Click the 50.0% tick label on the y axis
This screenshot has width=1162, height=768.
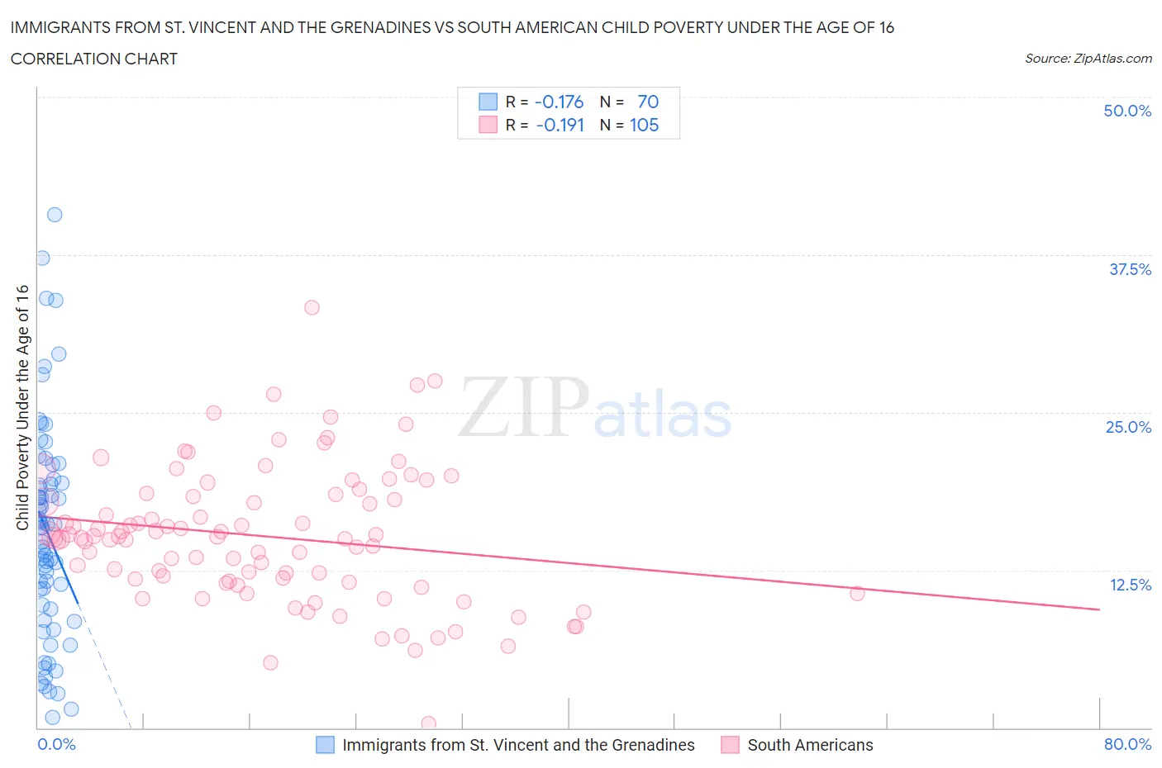point(1126,111)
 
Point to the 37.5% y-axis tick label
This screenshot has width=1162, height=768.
point(1130,269)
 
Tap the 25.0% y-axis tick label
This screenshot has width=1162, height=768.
point(1128,427)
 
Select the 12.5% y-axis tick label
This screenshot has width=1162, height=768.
point(1130,585)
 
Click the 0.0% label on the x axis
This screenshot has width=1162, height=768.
point(56,744)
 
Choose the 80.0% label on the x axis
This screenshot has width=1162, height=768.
point(1127,744)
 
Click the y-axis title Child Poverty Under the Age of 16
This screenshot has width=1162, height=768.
point(22,407)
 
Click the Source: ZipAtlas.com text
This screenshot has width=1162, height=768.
point(1088,58)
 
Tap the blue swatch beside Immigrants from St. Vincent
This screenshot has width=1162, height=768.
point(326,745)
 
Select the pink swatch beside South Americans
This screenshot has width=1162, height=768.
point(730,745)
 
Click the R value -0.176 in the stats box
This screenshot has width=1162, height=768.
point(559,102)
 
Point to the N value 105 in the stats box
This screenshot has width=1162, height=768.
point(644,125)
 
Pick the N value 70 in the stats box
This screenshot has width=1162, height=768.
point(648,102)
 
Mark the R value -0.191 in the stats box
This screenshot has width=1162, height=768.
point(560,125)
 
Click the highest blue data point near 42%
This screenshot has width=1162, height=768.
point(55,215)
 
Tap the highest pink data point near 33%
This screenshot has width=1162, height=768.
point(312,307)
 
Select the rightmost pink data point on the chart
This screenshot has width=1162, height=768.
point(857,594)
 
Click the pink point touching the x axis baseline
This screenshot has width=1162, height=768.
point(428,723)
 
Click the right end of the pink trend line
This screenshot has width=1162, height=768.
point(1099,609)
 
